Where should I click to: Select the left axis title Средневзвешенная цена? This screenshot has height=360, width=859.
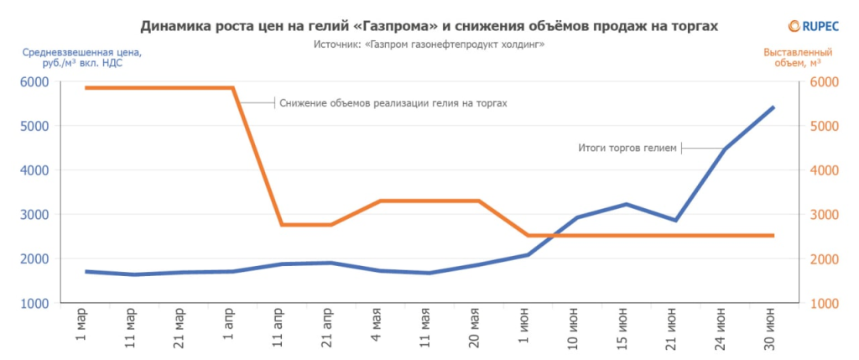click(82, 57)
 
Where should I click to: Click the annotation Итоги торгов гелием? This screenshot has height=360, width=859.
click(627, 149)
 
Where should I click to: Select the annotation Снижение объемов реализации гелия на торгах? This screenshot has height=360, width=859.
click(393, 103)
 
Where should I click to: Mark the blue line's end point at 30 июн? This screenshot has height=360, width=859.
click(773, 107)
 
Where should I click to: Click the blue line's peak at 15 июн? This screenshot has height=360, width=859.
click(626, 204)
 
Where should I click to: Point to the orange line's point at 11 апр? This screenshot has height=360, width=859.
click(282, 225)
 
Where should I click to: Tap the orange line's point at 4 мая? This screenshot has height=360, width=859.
click(380, 201)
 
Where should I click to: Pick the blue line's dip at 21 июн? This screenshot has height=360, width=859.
click(674, 220)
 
